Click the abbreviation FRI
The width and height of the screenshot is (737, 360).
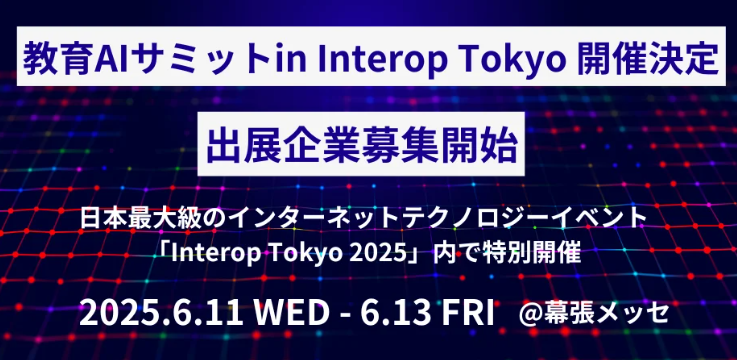tap(467, 311)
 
